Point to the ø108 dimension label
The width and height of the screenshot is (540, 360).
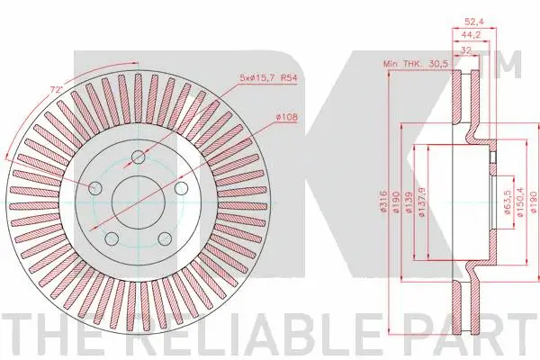tap(287, 118)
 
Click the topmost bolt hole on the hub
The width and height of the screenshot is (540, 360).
tap(138, 158)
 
